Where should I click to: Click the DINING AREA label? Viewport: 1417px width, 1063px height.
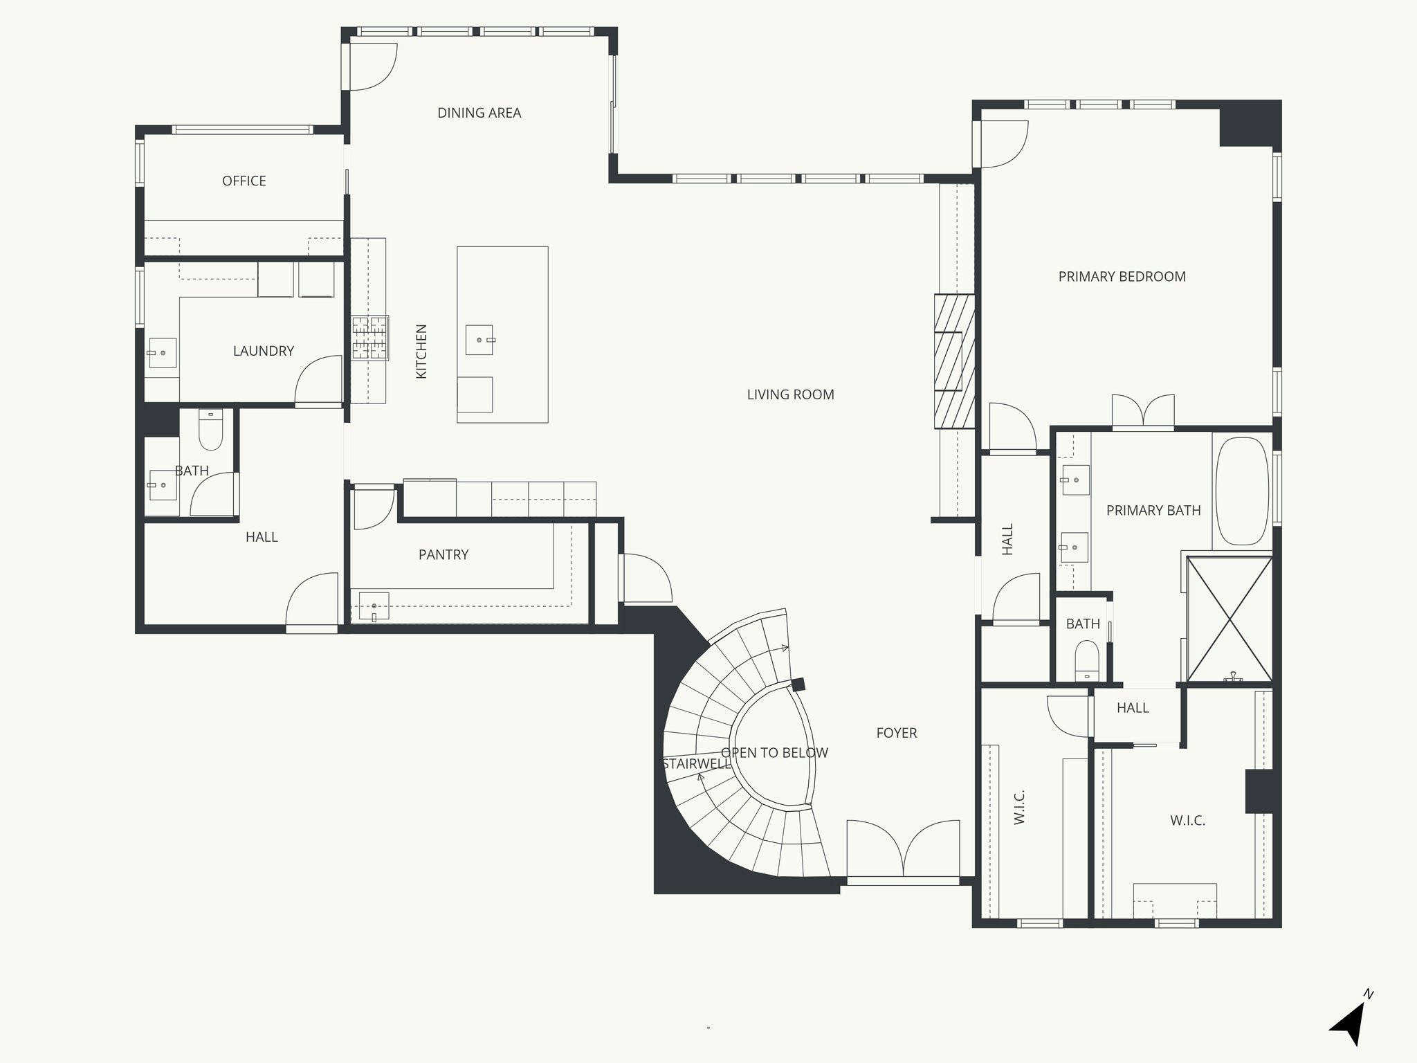pos(479,113)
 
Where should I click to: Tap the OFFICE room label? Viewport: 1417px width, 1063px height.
pos(244,181)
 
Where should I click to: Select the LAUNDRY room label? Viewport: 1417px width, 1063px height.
pos(263,351)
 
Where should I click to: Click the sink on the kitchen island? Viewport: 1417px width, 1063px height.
pos(479,340)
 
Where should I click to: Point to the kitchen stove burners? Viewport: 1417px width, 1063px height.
pos(369,337)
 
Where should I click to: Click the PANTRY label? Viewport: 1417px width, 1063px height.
pos(443,554)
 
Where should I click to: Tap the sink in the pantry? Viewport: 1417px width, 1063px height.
pos(374,606)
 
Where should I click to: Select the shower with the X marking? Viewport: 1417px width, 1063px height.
pos(1229,619)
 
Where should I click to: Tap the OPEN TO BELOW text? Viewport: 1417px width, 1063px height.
pos(774,753)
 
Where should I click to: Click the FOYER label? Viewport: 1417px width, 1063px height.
pos(896,733)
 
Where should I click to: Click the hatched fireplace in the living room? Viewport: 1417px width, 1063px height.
pos(954,361)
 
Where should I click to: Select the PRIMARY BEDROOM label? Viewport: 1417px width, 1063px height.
pos(1122,277)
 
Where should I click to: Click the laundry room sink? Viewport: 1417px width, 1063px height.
pos(162,352)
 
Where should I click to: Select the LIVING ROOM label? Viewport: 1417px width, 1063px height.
pos(790,394)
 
